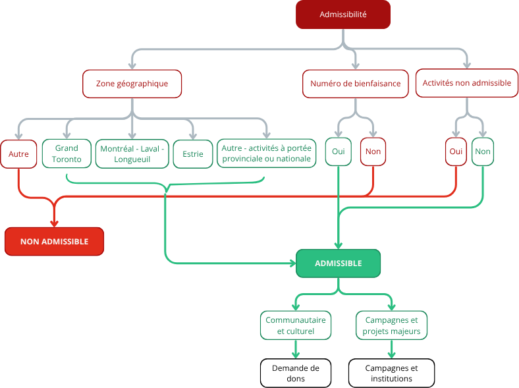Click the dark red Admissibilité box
tap(343, 14)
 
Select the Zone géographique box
tap(132, 84)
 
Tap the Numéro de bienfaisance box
tap(356, 84)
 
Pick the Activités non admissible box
tap(467, 83)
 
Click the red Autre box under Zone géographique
tap(18, 154)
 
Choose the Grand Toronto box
tap(67, 153)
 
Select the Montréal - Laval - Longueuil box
tap(132, 154)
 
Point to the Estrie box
tap(193, 154)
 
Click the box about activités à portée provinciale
tap(267, 153)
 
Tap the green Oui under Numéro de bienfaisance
tap(339, 152)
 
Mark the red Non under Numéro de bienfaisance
tap(373, 152)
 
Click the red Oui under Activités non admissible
tap(456, 152)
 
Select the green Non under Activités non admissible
tap(483, 152)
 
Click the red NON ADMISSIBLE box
tap(54, 241)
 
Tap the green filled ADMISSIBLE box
tap(339, 263)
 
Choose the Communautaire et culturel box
tap(296, 325)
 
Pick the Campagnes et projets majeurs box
tap(392, 325)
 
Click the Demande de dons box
tap(296, 373)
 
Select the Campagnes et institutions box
tap(392, 373)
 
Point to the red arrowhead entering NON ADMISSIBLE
tap(54, 223)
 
